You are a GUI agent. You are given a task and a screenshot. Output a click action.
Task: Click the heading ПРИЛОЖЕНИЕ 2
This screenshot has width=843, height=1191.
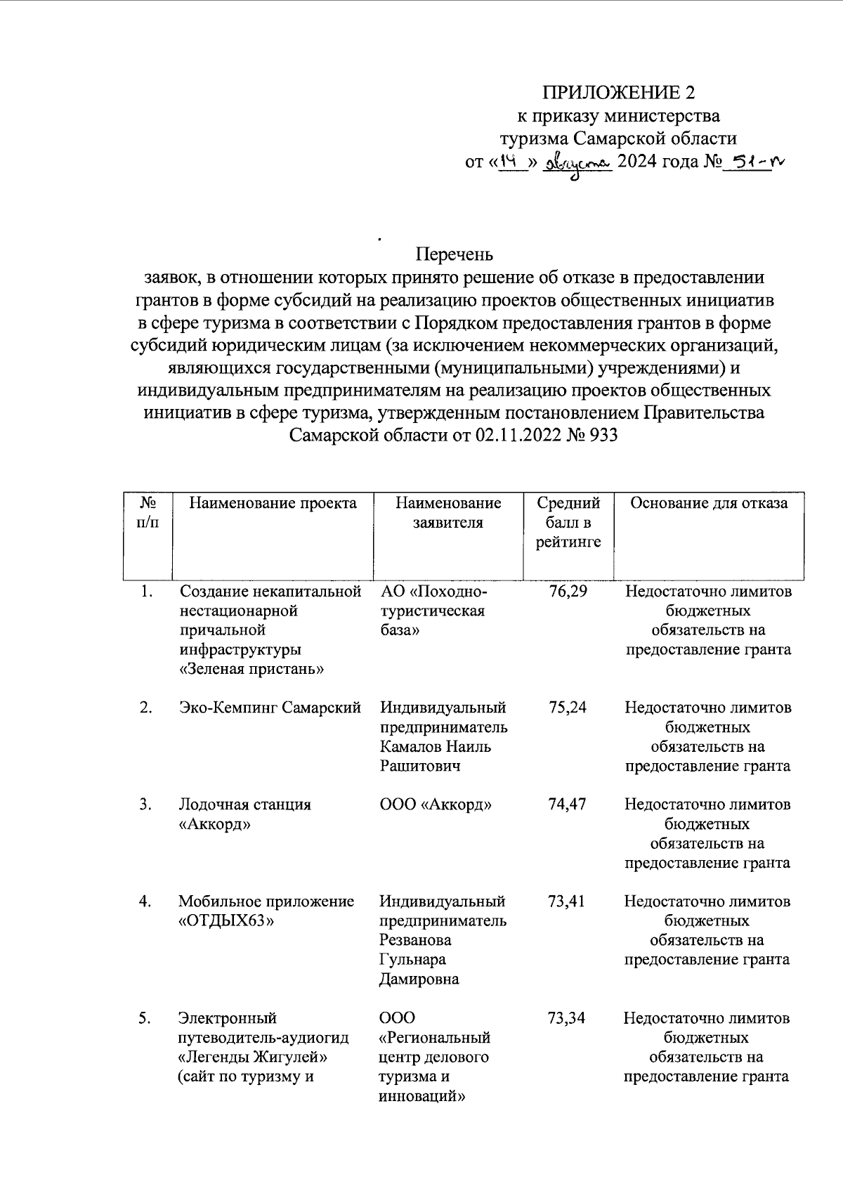617,93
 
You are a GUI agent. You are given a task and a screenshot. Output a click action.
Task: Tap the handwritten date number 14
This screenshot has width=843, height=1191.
509,161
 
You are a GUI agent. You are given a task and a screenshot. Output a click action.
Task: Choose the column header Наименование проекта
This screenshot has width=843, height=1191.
273,503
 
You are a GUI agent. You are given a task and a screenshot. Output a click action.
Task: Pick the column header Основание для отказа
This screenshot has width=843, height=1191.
708,503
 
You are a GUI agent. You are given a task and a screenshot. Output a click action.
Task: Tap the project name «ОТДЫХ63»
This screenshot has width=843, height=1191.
226,921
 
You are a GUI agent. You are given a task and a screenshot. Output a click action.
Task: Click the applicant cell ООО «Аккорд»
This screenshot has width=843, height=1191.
435,805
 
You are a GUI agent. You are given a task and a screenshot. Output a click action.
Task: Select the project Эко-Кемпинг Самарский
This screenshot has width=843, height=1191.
270,708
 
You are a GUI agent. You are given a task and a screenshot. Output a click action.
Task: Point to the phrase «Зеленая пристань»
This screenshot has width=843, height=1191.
251,669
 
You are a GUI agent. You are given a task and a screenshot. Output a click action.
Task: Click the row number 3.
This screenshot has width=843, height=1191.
145,805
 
